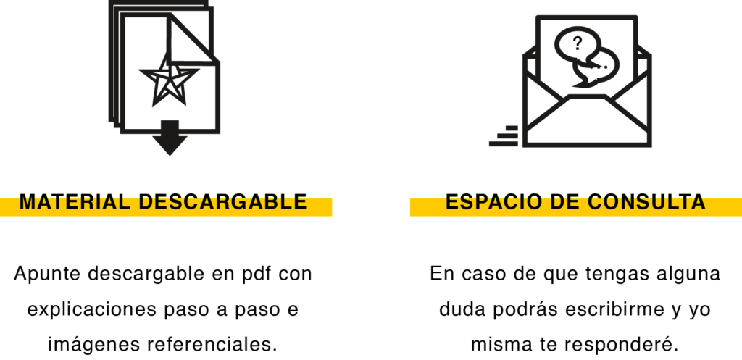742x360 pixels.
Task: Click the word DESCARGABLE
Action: click(222, 202)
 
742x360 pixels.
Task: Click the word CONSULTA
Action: click(646, 202)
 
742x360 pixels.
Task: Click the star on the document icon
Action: click(169, 80)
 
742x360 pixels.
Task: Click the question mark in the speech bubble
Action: click(578, 43)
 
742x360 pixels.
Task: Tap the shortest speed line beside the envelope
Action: click(512, 127)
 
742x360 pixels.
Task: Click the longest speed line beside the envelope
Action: click(503, 143)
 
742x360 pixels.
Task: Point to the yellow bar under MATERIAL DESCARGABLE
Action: click(166, 212)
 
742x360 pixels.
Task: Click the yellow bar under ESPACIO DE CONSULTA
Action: click(575, 212)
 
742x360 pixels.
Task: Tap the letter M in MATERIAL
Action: click(28, 202)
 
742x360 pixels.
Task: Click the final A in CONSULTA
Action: click(698, 202)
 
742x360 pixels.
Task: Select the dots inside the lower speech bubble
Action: click(601, 68)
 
